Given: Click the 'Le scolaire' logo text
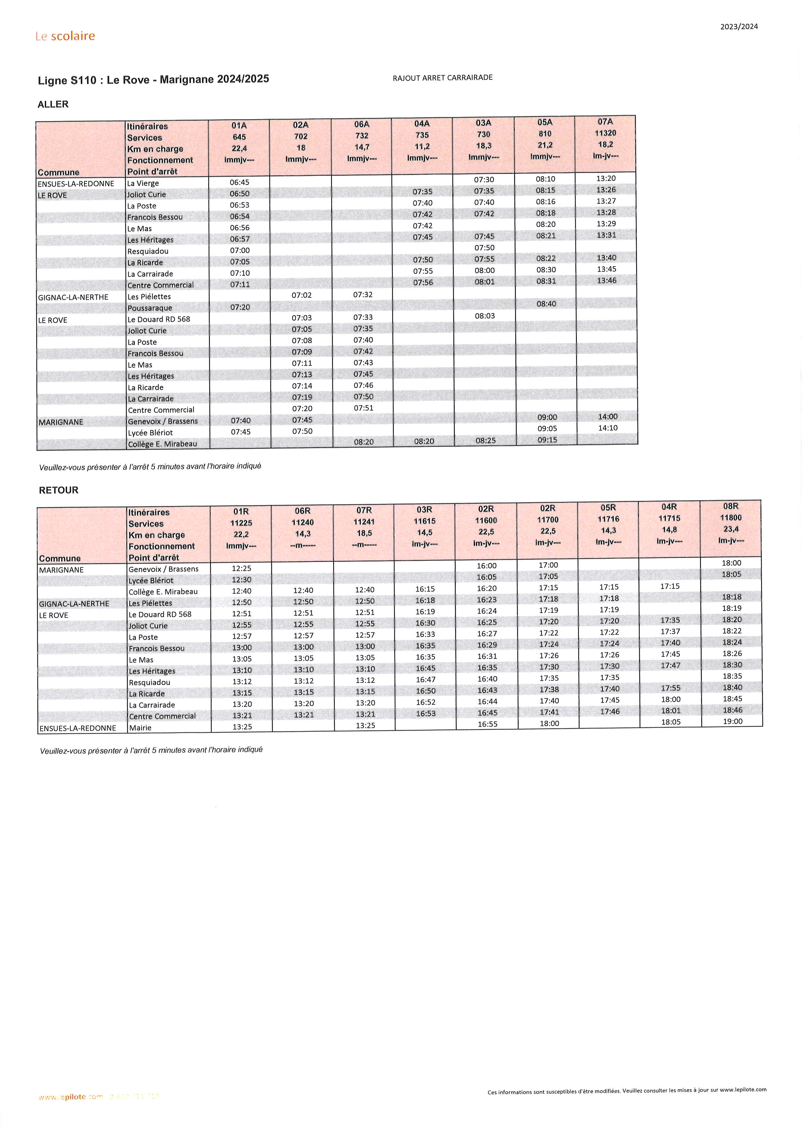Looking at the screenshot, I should pos(65,36).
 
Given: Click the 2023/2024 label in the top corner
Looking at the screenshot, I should pos(739,27).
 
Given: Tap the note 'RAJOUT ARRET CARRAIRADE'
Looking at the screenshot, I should pos(442,78).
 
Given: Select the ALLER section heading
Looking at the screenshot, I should pos(53,104).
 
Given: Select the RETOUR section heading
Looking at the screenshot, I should pos(58,490).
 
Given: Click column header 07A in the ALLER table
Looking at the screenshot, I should pos(605,122).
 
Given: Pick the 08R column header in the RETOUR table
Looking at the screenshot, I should pos(731,506).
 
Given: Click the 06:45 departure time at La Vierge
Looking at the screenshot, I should pos(240,182).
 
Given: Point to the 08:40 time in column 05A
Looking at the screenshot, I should pos(546,304).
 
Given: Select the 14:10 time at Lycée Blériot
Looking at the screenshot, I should pos(607,428).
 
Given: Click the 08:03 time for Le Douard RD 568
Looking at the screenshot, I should pos(484,316).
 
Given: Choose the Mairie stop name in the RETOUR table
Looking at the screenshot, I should pos(140,728).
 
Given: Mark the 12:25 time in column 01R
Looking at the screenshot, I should pos(242,568).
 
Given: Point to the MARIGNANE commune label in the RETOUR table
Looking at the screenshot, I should pos(61,570).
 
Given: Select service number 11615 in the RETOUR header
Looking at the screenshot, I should pos(425,521).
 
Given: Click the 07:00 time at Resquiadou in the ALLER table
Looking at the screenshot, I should pos(240,250).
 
